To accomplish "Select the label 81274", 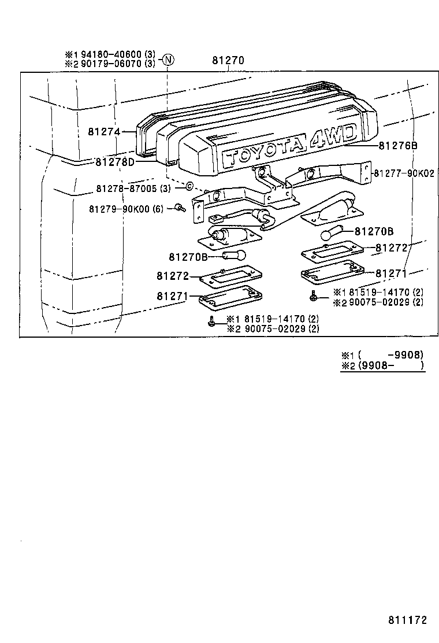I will pyautogui.click(x=104, y=132).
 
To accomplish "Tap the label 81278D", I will pyautogui.click(x=115, y=162).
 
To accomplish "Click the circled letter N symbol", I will pyautogui.click(x=168, y=60).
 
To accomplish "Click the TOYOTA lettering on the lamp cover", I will pyautogui.click(x=263, y=153).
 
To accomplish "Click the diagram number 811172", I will pyautogui.click(x=407, y=619).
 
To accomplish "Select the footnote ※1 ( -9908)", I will pyautogui.click(x=382, y=354).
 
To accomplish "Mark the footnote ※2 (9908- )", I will pyautogui.click(x=382, y=365).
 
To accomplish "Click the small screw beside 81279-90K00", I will pyautogui.click(x=179, y=208).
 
